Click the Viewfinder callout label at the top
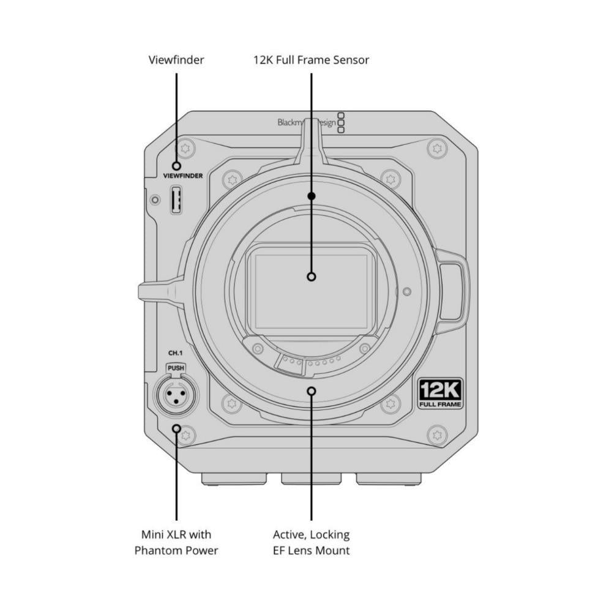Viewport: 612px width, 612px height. pyautogui.click(x=176, y=60)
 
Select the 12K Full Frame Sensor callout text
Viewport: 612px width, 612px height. pyautogui.click(x=311, y=60)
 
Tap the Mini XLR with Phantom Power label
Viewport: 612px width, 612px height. pyautogui.click(x=176, y=542)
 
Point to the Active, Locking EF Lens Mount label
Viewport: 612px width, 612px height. pyautogui.click(x=311, y=542)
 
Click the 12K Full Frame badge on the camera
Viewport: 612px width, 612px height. pyautogui.click(x=440, y=394)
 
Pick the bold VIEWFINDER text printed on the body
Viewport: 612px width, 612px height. pyautogui.click(x=183, y=176)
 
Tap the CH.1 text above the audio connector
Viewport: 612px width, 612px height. pyautogui.click(x=175, y=353)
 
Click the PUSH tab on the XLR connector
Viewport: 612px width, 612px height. pyautogui.click(x=176, y=368)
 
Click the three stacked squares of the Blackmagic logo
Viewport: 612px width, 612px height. pyautogui.click(x=341, y=122)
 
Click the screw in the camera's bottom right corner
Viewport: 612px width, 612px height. pyautogui.click(x=436, y=435)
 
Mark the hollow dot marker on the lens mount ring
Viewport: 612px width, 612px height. pyautogui.click(x=312, y=390)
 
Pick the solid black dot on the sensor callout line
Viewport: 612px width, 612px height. pyautogui.click(x=311, y=196)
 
